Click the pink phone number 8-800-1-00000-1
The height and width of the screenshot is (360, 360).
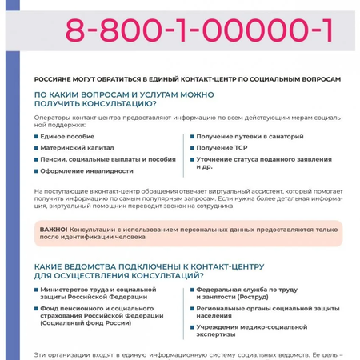199,30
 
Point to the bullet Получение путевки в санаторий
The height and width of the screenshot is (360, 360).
250,136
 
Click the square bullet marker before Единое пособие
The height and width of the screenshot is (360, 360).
36,136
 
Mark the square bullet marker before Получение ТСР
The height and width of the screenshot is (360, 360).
192,147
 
